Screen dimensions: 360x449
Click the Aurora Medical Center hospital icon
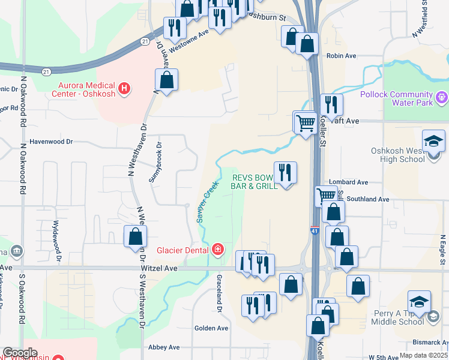tap(124, 89)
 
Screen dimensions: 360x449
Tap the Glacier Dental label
tap(182, 250)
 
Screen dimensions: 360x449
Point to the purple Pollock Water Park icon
tap(441, 95)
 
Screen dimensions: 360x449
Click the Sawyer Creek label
tap(206, 202)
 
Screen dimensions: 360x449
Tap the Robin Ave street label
tap(342, 56)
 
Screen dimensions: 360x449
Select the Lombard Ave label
tap(348, 182)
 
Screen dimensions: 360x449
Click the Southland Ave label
tap(368, 199)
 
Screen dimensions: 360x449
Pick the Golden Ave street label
tap(211, 328)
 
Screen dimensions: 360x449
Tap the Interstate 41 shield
tap(315, 230)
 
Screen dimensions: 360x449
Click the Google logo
tap(20, 353)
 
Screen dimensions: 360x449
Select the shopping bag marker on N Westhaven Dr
tap(135, 236)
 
